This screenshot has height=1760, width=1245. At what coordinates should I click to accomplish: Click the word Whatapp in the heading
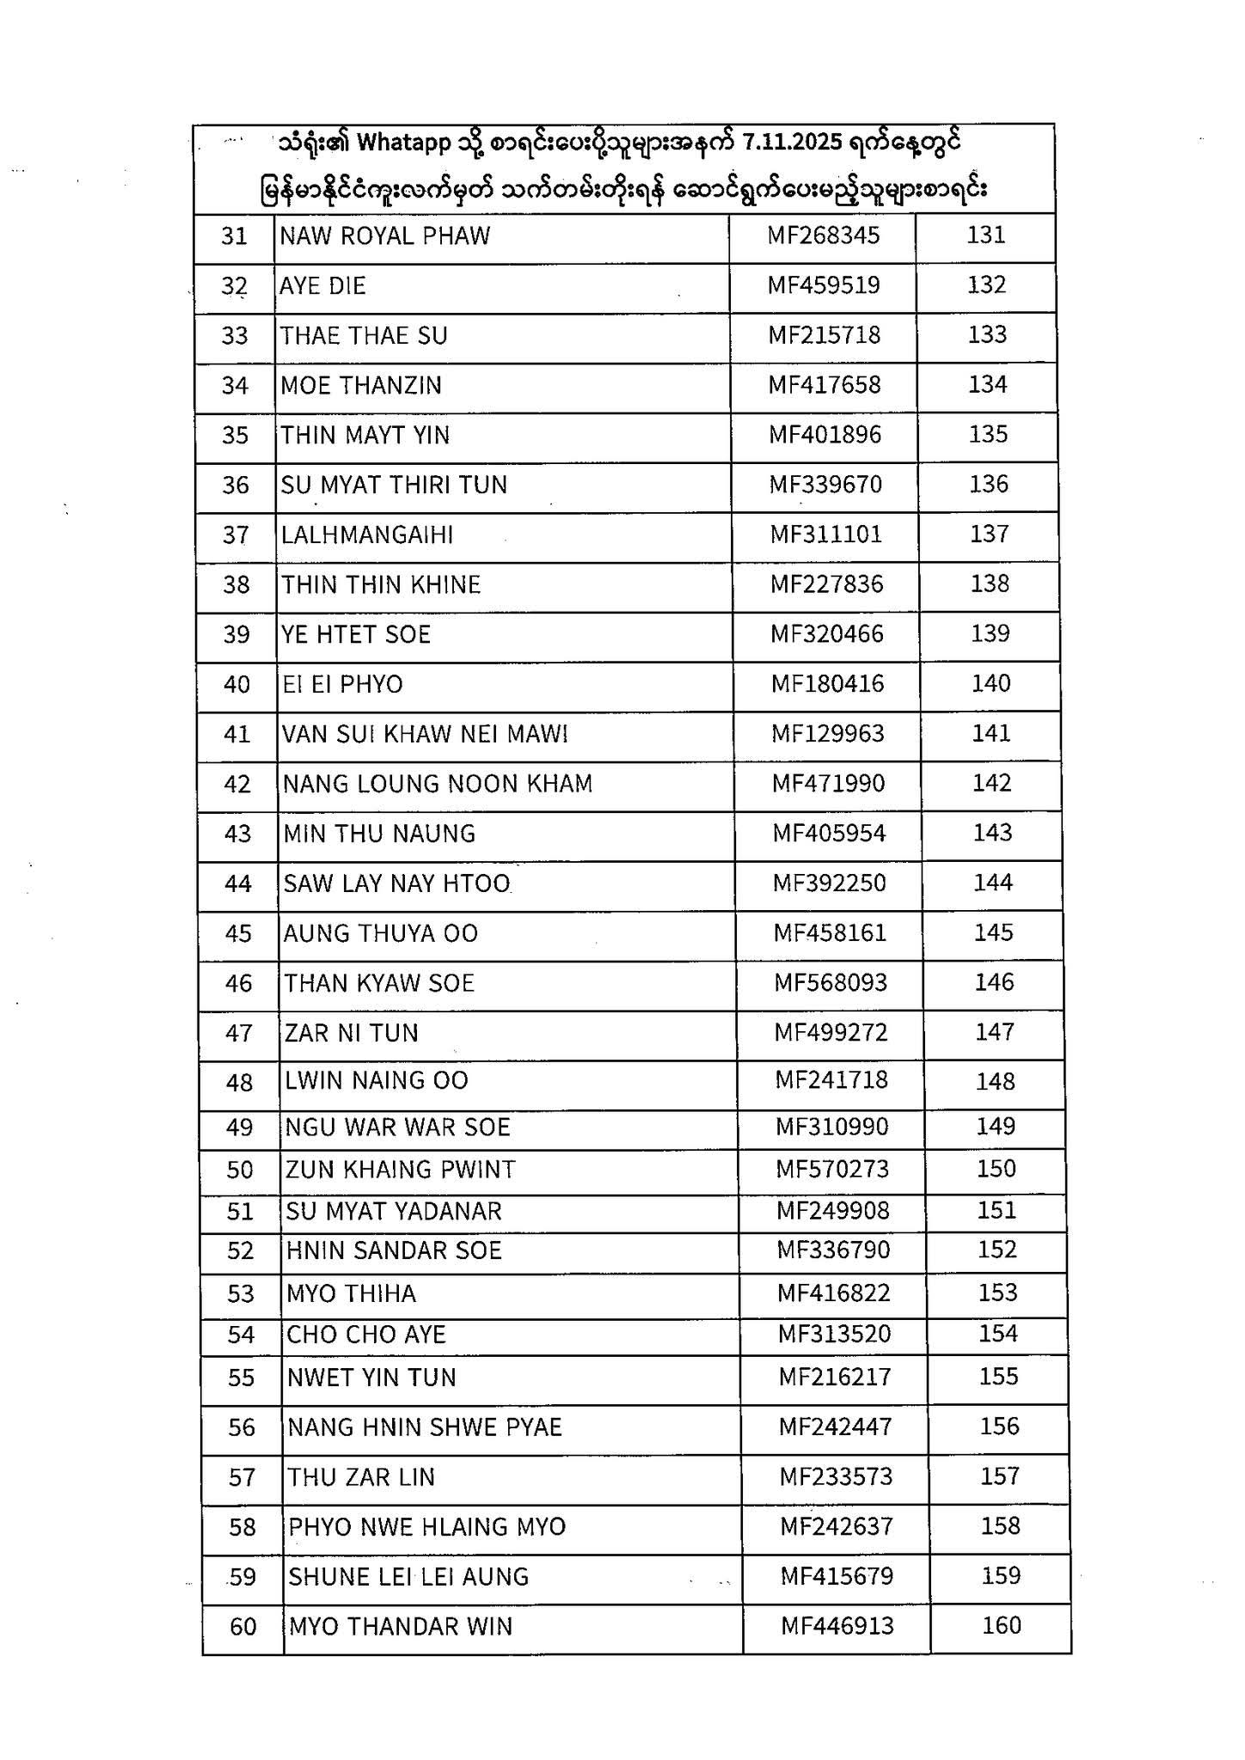(x=403, y=143)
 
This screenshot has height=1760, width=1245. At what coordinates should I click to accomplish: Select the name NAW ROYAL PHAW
(x=384, y=235)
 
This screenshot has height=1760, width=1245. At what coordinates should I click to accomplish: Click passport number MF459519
(x=824, y=285)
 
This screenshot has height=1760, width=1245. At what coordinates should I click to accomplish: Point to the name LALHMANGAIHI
(x=367, y=535)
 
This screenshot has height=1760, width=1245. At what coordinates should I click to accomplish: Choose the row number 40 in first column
(x=236, y=685)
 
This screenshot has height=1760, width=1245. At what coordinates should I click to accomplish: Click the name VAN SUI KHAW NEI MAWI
(x=426, y=734)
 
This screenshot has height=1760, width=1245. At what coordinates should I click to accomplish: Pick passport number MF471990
(x=828, y=784)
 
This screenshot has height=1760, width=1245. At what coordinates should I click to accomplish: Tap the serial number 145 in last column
(x=993, y=932)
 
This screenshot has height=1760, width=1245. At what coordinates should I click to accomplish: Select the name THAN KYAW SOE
(x=379, y=983)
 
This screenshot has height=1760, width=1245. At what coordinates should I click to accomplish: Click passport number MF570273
(x=832, y=1170)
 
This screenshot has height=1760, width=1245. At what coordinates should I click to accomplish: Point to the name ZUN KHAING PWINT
(x=401, y=1170)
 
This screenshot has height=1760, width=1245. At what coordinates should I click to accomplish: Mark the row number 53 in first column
(x=241, y=1293)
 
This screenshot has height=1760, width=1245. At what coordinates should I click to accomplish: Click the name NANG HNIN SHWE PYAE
(x=425, y=1427)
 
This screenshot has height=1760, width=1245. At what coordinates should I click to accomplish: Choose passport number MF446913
(x=837, y=1626)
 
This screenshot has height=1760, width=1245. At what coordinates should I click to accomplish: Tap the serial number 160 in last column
(x=1002, y=1625)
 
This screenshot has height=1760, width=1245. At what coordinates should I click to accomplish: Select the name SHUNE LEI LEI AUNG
(x=408, y=1577)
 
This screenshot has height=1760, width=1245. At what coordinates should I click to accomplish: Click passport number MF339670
(x=825, y=485)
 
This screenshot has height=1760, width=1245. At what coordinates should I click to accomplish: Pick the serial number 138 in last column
(x=990, y=584)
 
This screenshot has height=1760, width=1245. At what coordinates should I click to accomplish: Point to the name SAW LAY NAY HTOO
(x=397, y=883)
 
